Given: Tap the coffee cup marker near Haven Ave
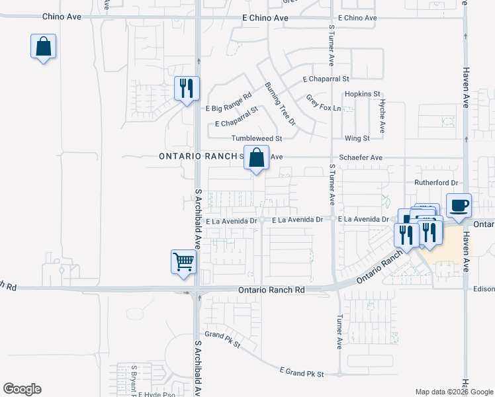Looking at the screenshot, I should click(x=459, y=205).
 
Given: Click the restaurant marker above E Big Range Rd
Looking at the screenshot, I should click(x=186, y=88).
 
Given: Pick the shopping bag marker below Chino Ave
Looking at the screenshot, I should click(x=43, y=47).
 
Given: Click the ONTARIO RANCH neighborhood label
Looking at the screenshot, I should click(x=198, y=156).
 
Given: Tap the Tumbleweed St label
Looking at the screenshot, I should click(x=257, y=138).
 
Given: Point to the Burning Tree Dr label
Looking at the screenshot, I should click(x=280, y=104).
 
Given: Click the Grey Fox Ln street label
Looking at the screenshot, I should click(x=323, y=103).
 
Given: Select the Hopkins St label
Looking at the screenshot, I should click(x=363, y=95).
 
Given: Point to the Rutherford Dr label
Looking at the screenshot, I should click(x=436, y=182).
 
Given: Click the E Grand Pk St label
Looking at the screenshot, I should click(x=301, y=374).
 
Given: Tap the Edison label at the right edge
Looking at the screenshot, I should click(x=483, y=289).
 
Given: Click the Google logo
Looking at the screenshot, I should click(x=22, y=389).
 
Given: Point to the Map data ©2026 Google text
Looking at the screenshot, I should click(x=453, y=391).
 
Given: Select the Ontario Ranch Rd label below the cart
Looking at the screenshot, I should click(x=271, y=290).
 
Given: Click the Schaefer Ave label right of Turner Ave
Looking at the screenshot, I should click(x=361, y=158).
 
